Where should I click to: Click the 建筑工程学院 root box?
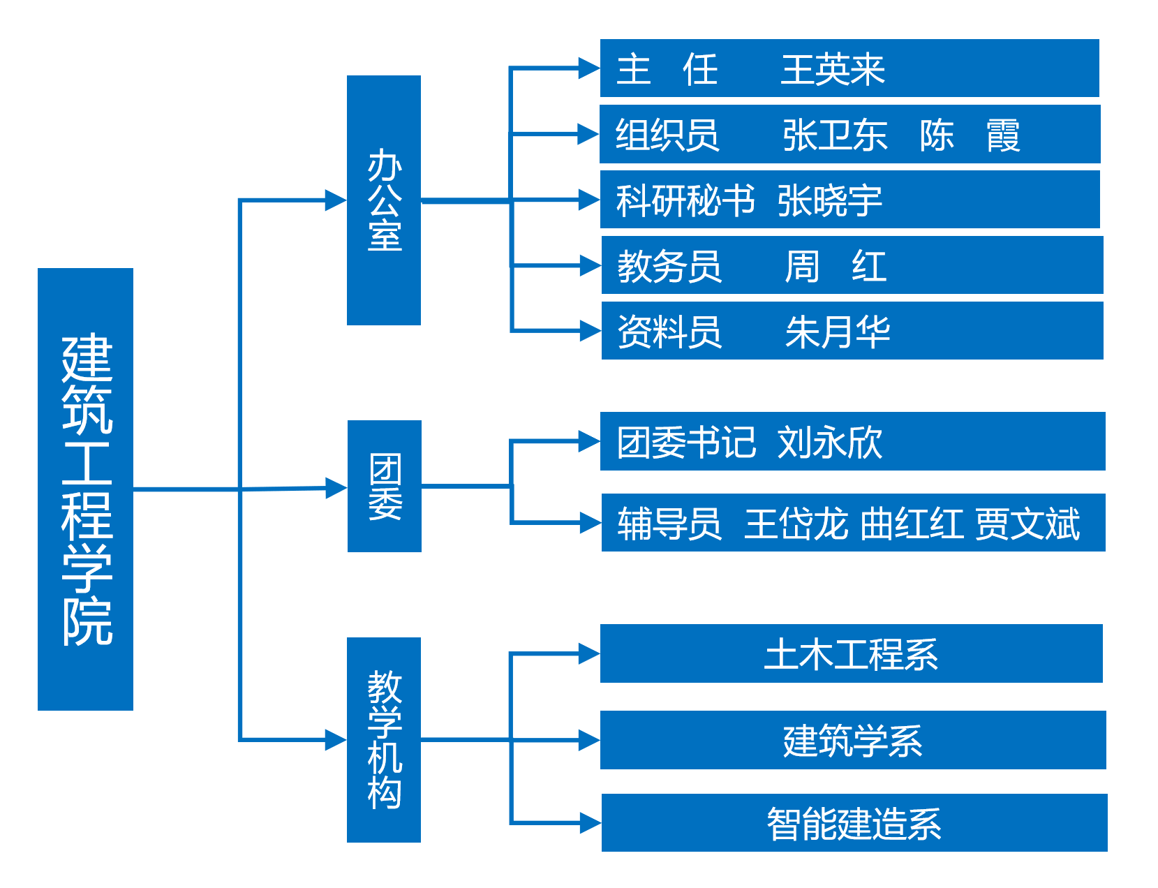85,489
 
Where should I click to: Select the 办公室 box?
384,200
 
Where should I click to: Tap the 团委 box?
385,486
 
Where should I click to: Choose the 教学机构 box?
384,739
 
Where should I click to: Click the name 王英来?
833,70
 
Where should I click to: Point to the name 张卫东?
835,135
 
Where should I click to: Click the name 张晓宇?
830,201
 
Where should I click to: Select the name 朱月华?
838,332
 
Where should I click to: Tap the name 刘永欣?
830,443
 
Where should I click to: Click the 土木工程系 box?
851,654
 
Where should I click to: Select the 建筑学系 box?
852,741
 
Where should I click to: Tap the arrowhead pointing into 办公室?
336,200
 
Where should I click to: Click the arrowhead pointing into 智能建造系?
591,823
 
